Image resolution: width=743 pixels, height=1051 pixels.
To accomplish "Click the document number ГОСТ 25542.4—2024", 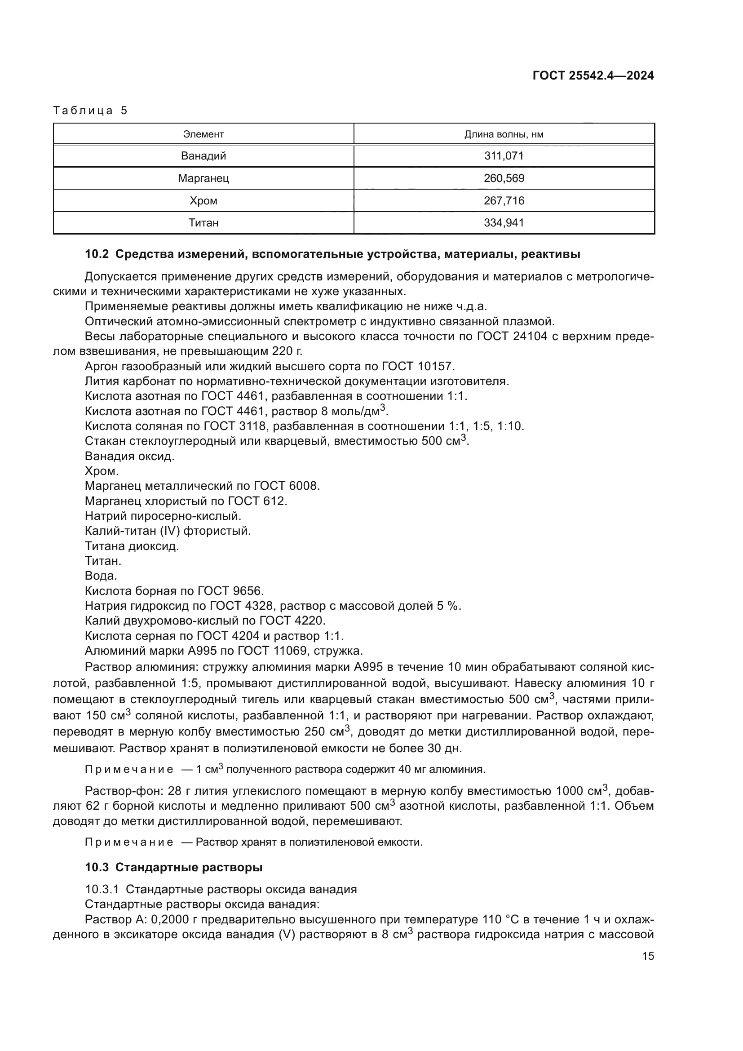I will coord(593,75).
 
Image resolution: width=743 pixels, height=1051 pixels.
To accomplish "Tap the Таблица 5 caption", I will coord(90,111).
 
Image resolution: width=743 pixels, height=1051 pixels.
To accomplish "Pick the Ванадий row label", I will coord(203,155).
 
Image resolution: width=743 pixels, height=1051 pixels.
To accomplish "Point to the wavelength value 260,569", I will coord(504,178).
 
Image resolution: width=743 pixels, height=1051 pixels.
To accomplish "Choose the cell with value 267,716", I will coord(504,200).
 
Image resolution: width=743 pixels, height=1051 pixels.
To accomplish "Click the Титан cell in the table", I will coord(203,223).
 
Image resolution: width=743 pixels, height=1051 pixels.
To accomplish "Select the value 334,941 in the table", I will coord(504,223).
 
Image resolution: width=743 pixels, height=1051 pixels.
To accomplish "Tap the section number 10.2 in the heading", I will coord(97,254).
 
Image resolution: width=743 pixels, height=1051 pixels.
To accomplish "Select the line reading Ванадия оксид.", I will coord(129,457).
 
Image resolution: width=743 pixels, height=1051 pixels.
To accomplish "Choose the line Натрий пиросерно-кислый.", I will coord(163,516).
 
